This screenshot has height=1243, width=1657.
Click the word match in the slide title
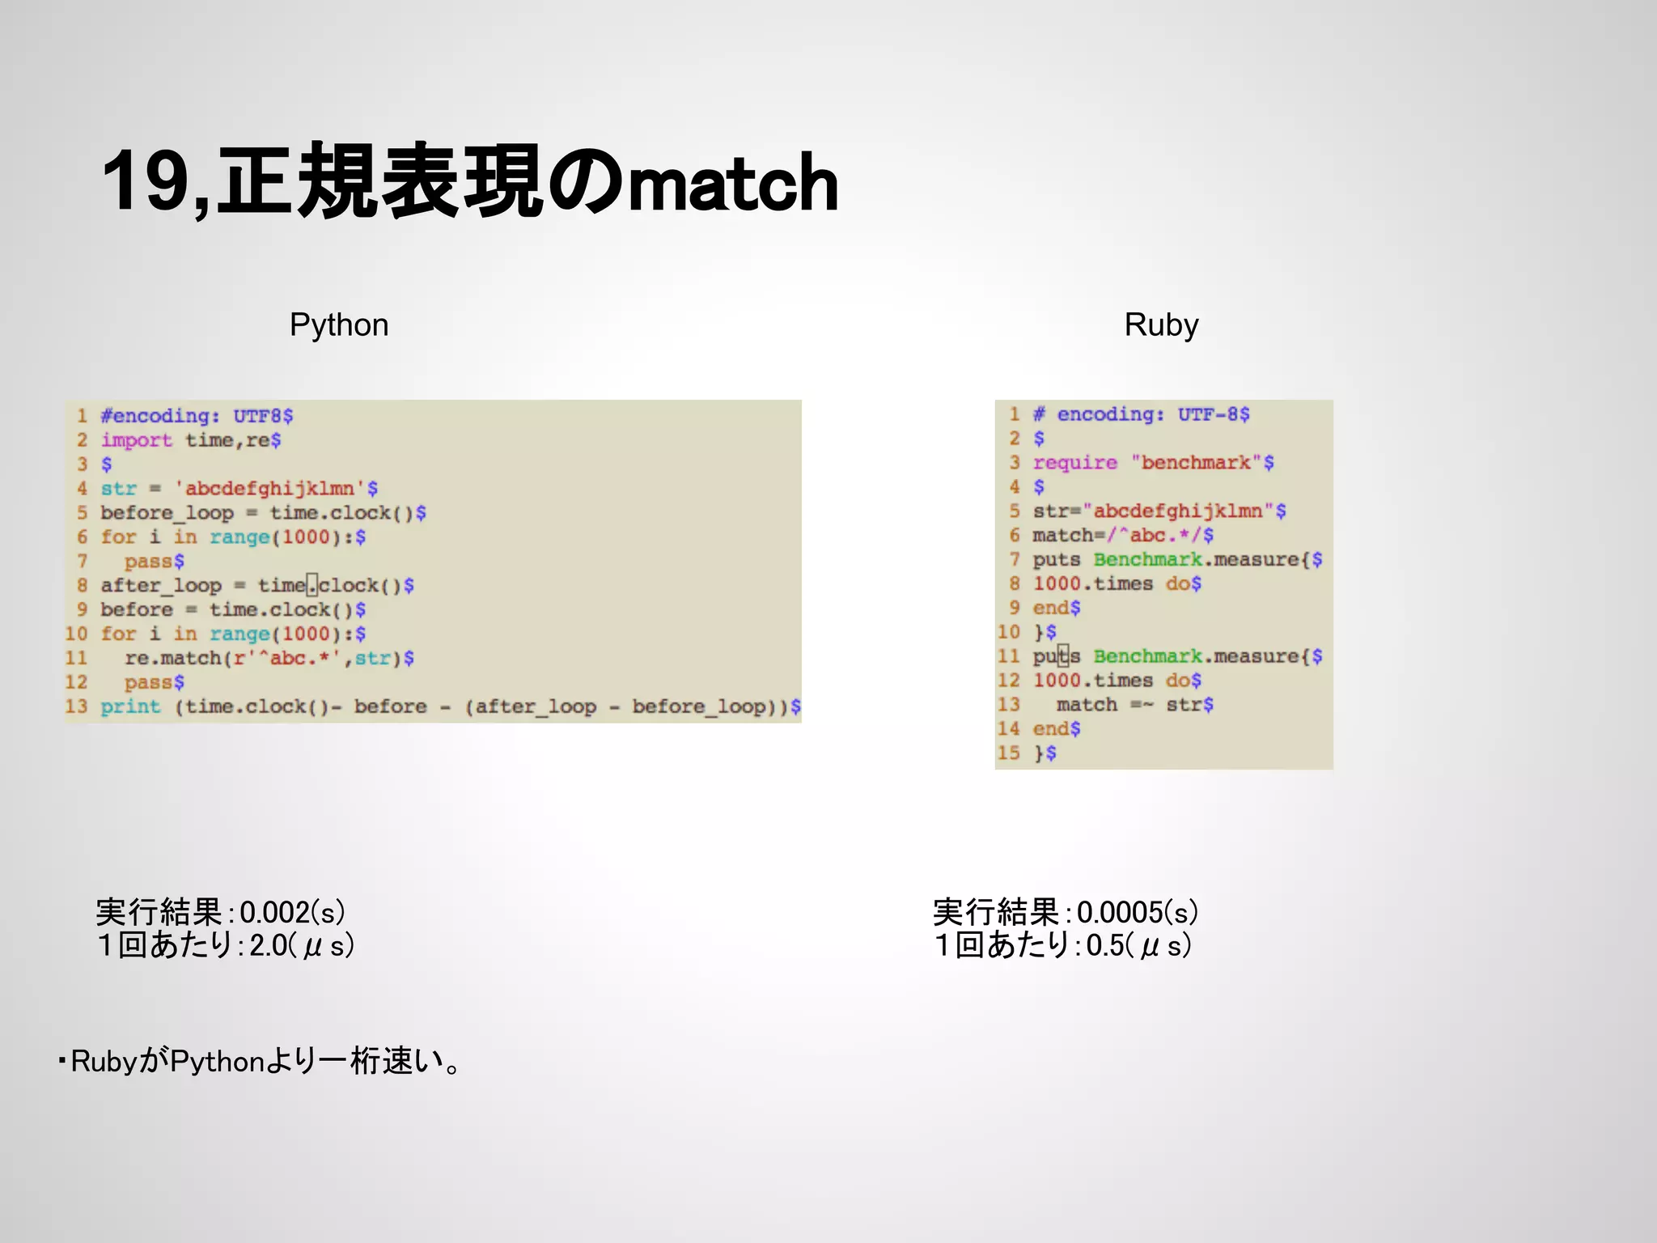[732, 185]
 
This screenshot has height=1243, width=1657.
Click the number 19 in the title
[146, 182]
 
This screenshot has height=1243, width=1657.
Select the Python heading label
[339, 325]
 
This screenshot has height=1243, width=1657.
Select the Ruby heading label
[1161, 325]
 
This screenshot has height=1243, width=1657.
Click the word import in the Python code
[136, 440]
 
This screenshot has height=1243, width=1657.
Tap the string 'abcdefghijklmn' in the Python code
[269, 489]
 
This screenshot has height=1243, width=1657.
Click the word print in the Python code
[130, 706]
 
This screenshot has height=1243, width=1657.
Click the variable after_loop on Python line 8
[160, 585]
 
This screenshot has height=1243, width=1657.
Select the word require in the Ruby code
[1074, 463]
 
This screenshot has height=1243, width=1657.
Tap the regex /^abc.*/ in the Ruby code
[1155, 536]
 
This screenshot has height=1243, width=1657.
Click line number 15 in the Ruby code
[1008, 753]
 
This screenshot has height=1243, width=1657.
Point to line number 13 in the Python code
[76, 706]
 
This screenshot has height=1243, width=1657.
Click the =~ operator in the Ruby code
[1142, 705]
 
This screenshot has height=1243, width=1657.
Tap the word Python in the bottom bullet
[217, 1062]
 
